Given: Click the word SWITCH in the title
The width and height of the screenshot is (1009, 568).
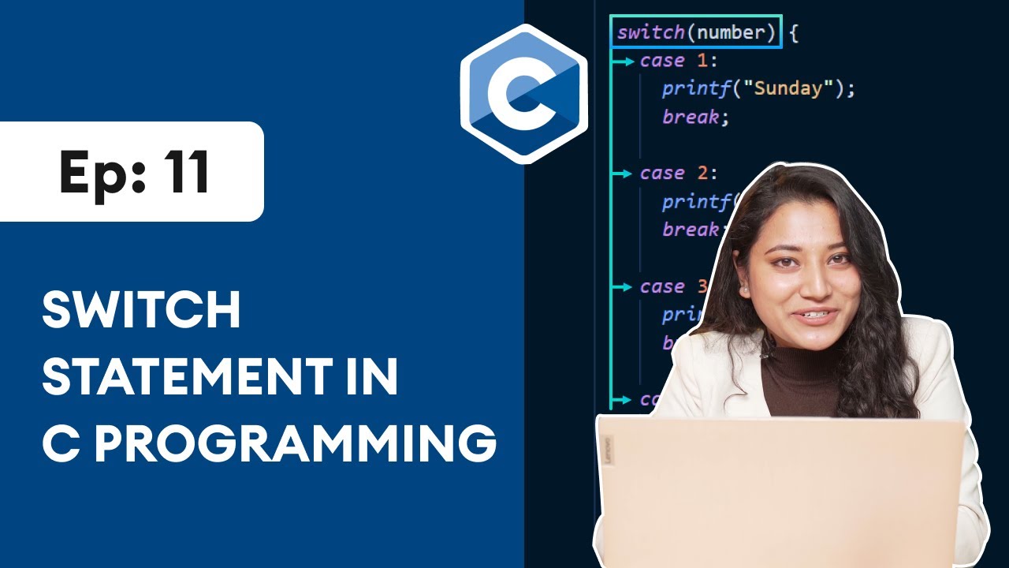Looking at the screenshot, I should (x=141, y=311).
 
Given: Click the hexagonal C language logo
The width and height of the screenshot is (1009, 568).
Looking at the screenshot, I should (x=524, y=94).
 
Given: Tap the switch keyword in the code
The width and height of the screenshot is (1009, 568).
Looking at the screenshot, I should (x=651, y=33).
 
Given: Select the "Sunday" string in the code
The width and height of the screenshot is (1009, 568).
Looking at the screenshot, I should (x=793, y=88).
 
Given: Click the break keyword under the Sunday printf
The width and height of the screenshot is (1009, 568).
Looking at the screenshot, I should (x=691, y=117).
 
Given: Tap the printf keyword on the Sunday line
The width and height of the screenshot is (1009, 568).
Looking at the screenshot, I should (x=697, y=88).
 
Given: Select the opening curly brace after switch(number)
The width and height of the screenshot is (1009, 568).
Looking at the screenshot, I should (x=793, y=34).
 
